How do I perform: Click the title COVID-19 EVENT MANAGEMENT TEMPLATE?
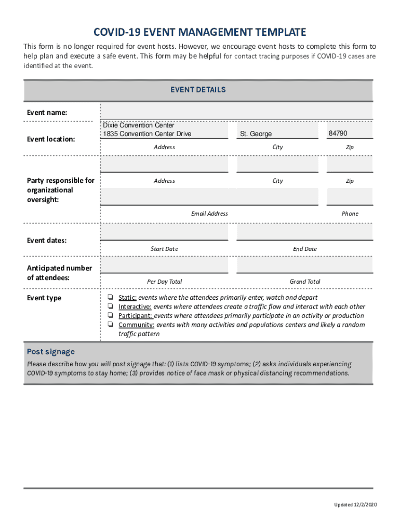[x=199, y=32]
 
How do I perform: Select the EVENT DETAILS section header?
[x=198, y=90]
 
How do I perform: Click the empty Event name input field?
[x=236, y=111]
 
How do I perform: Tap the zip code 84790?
[x=338, y=134]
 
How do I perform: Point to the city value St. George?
[x=256, y=134]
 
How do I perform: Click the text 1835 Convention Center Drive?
[x=147, y=134]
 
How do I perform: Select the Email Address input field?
[x=209, y=197]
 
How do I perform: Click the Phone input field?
[x=350, y=197]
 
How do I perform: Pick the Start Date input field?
[x=164, y=232]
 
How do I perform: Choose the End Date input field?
[x=304, y=232]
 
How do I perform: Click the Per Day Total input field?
[x=164, y=265]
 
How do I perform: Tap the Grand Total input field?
[x=304, y=265]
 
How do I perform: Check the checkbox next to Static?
[x=111, y=298]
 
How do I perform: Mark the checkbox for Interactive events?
[x=111, y=307]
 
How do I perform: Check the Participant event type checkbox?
[x=111, y=315]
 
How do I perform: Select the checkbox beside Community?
[x=111, y=325]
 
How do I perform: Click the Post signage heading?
[x=51, y=352]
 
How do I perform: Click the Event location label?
[x=51, y=139]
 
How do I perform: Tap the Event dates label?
[x=47, y=241]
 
